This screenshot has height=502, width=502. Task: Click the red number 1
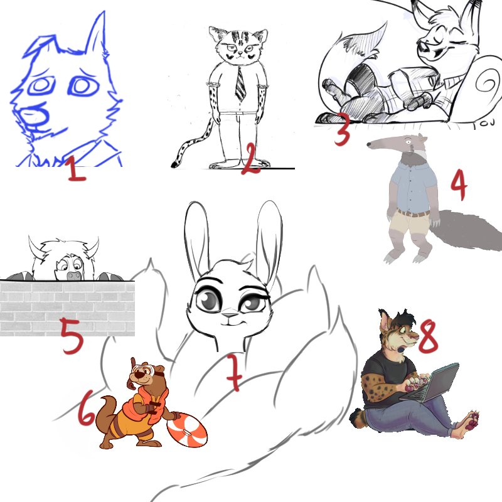point(77,169)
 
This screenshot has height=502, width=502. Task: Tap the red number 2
point(250,159)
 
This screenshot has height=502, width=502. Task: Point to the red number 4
point(459,184)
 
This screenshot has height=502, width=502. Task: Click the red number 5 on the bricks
point(72,336)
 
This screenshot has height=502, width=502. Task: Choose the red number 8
point(428,337)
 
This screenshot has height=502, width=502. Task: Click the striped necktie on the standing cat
point(240,84)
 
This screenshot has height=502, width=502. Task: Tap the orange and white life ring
point(187,430)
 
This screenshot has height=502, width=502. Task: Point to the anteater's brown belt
point(413,213)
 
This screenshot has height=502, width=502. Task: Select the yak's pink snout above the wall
point(73,275)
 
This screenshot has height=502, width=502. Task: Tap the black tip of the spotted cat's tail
point(174,165)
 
